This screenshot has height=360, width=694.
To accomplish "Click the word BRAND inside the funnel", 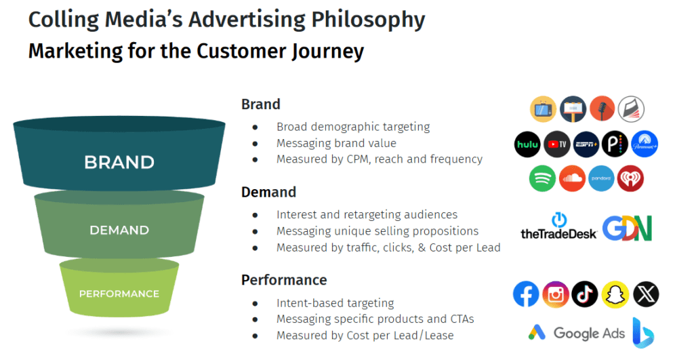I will coord(119,163).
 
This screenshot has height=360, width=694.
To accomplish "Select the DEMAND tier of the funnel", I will coord(119,231).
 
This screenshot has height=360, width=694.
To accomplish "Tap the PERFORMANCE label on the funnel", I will coord(119,294).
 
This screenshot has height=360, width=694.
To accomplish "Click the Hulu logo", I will coord(527,144).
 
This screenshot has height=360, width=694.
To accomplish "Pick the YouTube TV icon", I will coord(557,144).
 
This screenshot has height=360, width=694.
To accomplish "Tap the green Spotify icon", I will coord(542,179).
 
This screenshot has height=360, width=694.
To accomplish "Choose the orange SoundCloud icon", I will coord(572,179).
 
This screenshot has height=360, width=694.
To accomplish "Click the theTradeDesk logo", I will coord(558,226).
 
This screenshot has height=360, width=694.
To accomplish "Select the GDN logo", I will coord(627,228).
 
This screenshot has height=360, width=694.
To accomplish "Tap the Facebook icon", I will coord(527,294).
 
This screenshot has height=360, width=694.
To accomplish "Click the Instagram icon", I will coord(556,294).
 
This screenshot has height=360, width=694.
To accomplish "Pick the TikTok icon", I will coord(585,294).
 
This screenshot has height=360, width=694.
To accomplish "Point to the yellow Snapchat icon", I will coord(615,294).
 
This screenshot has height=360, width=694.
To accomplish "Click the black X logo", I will coord(645,294).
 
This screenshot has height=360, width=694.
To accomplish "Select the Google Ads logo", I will coord(573,333).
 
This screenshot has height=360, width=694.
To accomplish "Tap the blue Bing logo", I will coord(642,332).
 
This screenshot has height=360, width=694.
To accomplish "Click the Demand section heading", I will coord(268,192).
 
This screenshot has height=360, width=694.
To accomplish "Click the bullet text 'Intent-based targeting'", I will coord(335,303).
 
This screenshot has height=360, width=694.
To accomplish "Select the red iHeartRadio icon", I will coord(630,179).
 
